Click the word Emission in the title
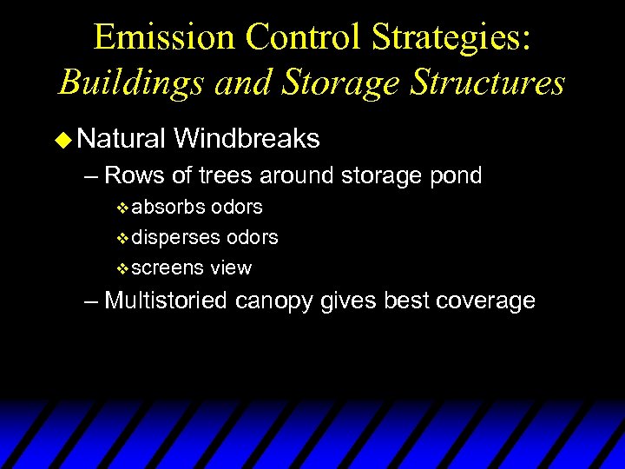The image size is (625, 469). coord(164,37)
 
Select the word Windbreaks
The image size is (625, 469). coord(247,138)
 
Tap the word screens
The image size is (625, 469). coord(168,268)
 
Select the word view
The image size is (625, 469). coord(230,268)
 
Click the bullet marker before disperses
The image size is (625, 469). coord(122,238)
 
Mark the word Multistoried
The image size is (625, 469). coord(167,301)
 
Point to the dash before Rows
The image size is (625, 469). coord(92,176)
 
